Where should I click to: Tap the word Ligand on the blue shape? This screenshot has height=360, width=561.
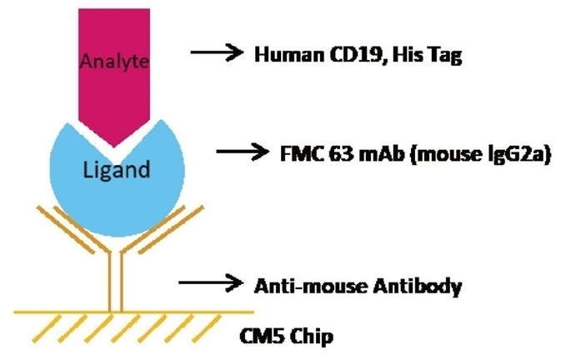tap(117, 171)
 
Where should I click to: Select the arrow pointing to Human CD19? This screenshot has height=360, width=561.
tap(218, 53)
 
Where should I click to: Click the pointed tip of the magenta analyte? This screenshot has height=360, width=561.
tap(116, 142)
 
